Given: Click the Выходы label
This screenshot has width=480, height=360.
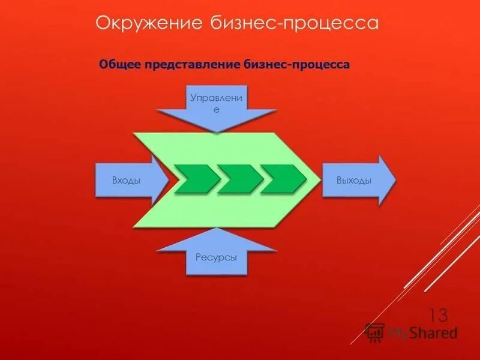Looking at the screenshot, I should [x=353, y=180].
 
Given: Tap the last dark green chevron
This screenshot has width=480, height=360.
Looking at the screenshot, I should [x=283, y=179].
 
